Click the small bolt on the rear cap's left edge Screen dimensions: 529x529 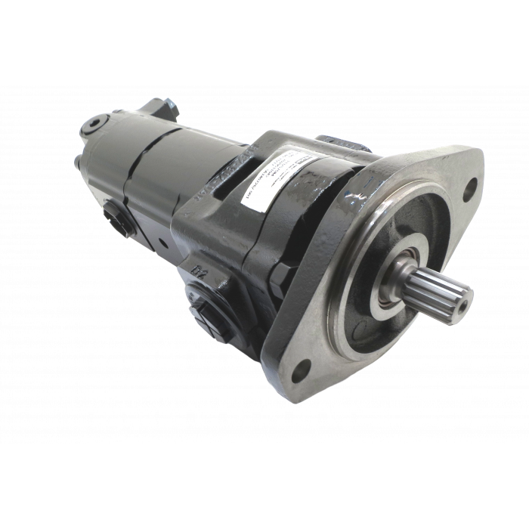click(x=79, y=160)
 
